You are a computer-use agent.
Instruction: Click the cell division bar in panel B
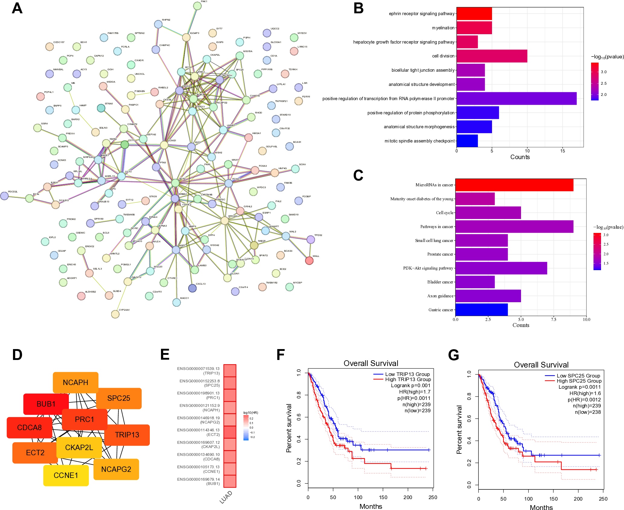point(492,56)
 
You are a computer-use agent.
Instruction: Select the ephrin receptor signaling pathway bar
point(474,14)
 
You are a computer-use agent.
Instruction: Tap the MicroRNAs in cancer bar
point(514,185)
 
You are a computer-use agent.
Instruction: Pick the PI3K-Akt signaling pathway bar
point(501,268)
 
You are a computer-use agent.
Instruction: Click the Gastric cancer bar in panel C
point(481,310)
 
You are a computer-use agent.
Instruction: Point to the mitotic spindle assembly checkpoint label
point(419,141)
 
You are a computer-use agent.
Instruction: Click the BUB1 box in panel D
point(46,404)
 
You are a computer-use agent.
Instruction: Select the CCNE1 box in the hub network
point(66,476)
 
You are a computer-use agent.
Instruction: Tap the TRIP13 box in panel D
point(127,435)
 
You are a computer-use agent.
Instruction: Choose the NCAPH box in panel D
point(76,383)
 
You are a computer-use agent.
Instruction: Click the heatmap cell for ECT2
point(230,432)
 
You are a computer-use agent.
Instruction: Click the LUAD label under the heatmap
point(226,497)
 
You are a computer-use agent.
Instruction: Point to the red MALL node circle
point(309,260)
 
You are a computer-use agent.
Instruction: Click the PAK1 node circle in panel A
point(197,6)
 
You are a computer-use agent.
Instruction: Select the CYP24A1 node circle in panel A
point(115,314)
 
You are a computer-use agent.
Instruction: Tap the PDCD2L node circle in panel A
point(4,196)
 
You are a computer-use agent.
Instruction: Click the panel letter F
point(280,355)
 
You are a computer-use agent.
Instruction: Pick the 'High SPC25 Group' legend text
point(579,381)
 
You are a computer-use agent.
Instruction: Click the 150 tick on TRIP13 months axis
point(383,497)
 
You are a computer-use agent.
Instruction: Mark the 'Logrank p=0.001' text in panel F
point(410,386)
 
